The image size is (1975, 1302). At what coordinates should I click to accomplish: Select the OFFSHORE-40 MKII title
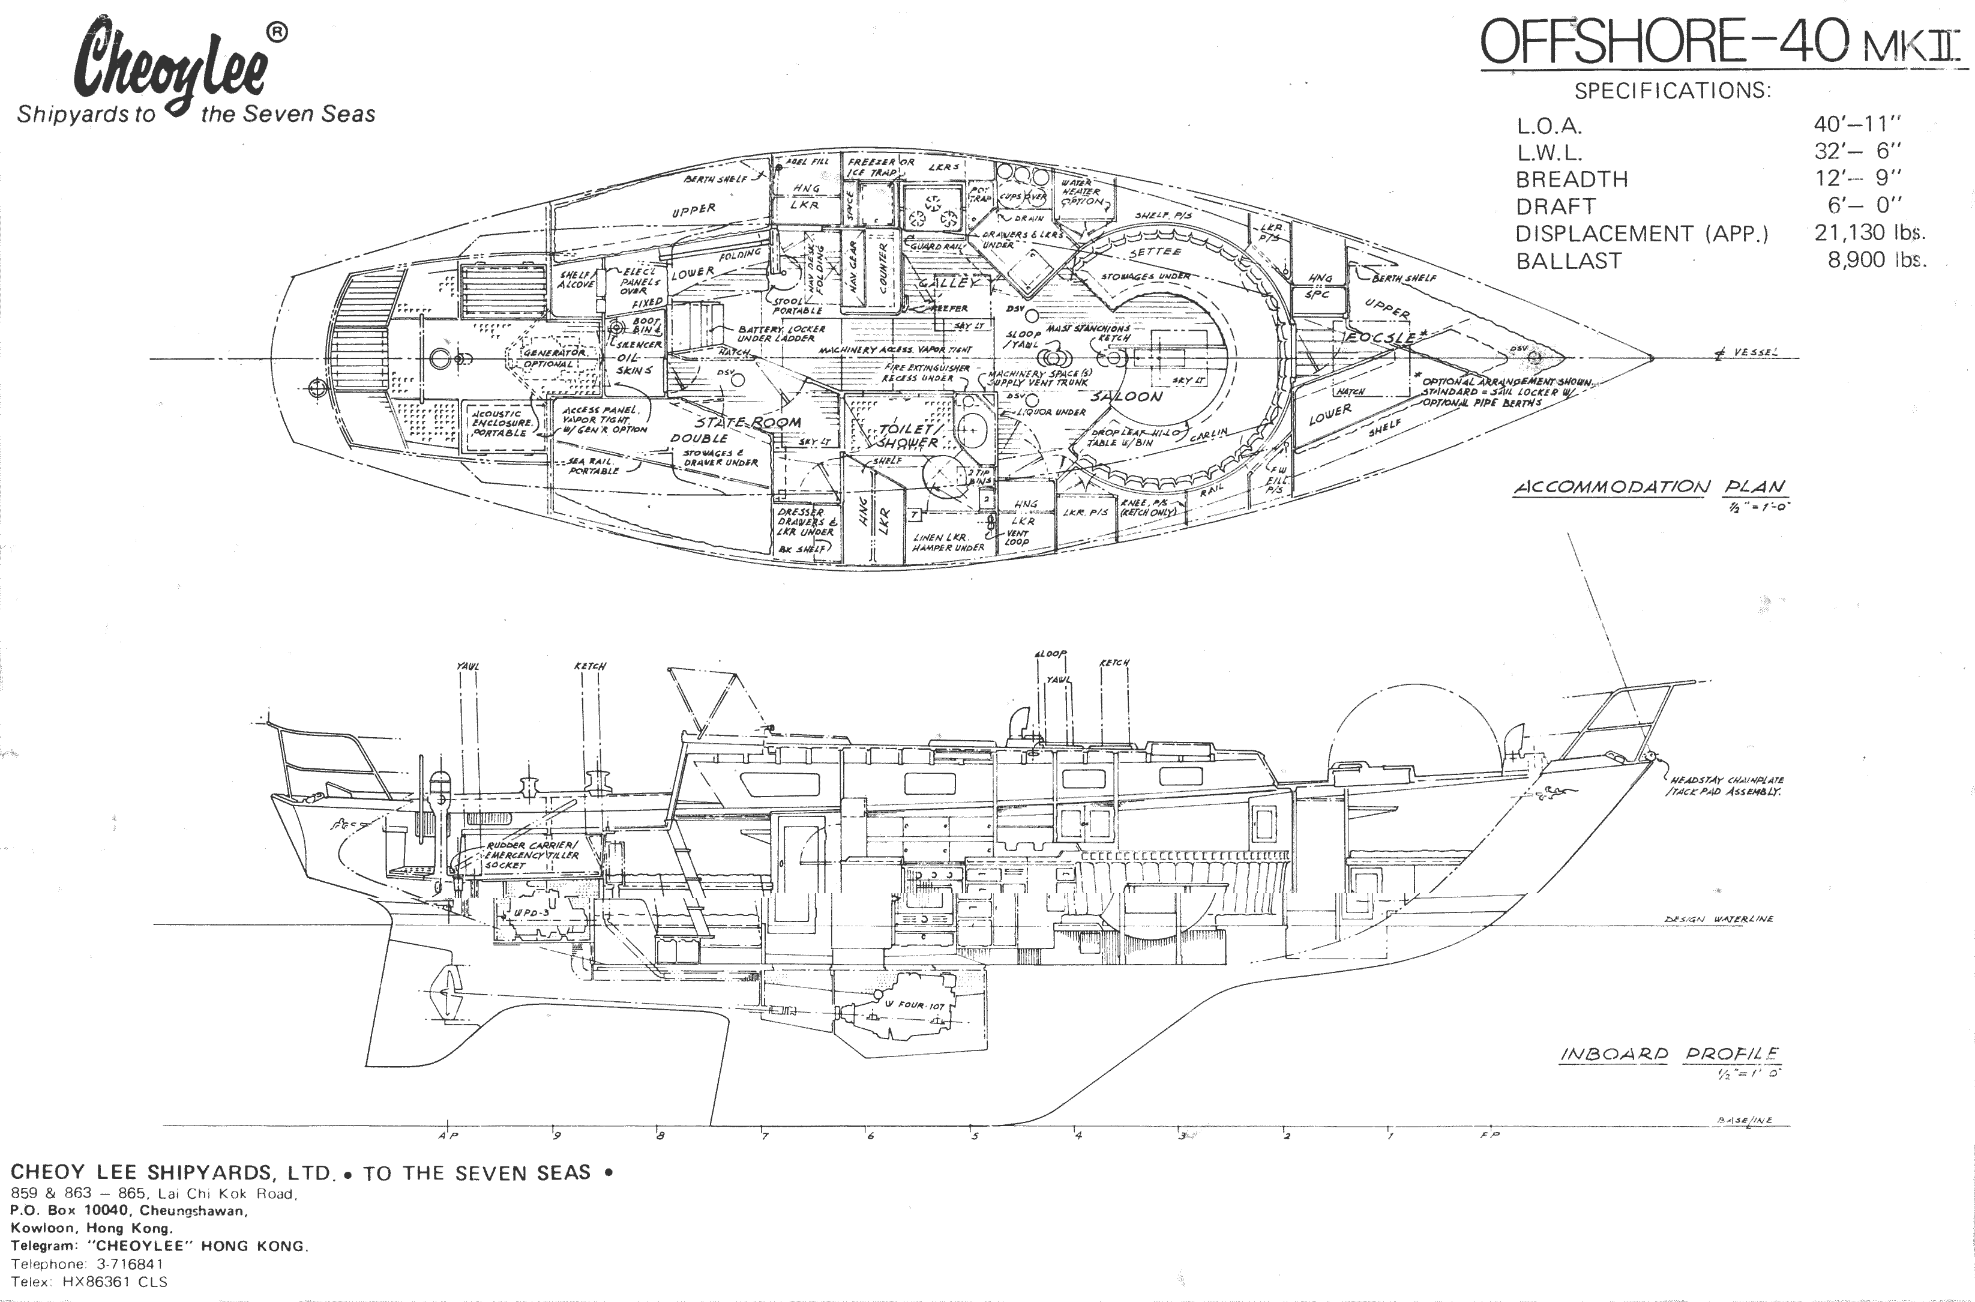1722,43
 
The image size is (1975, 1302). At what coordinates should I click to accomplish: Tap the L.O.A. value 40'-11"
1857,124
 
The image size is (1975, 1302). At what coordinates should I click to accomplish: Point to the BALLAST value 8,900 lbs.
1876,260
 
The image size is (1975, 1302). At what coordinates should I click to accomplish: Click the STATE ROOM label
747,423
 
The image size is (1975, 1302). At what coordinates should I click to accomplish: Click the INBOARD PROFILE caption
1670,1055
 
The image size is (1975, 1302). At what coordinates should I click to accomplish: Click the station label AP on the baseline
448,1135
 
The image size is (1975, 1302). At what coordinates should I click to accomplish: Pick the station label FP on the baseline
1490,1135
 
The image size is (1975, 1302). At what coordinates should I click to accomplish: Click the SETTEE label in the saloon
1155,251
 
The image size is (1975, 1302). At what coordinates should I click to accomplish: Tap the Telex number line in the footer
89,1281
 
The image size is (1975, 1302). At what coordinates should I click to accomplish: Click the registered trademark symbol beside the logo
277,32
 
